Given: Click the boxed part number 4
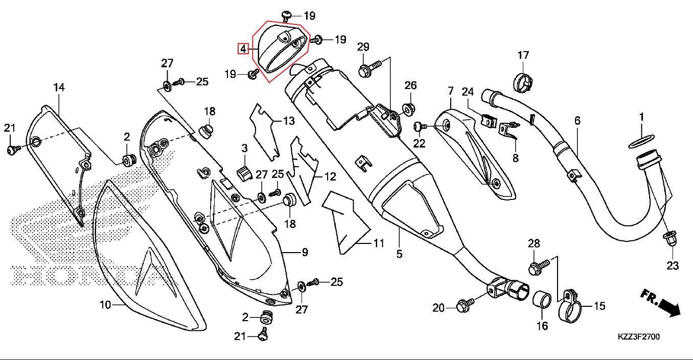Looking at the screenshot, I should click(x=243, y=49).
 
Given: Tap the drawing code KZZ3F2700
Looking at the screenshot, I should click(x=638, y=337).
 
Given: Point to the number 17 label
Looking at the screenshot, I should click(x=523, y=55).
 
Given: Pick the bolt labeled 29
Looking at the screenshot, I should click(x=369, y=69).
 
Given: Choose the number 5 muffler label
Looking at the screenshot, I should click(x=399, y=253).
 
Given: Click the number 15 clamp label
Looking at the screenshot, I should click(x=599, y=306).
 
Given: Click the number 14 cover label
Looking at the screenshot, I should click(x=59, y=87).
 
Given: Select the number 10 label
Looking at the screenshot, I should click(x=105, y=305).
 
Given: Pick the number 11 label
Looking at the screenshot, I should click(x=378, y=243).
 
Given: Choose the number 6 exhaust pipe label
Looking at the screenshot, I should click(x=577, y=121).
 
